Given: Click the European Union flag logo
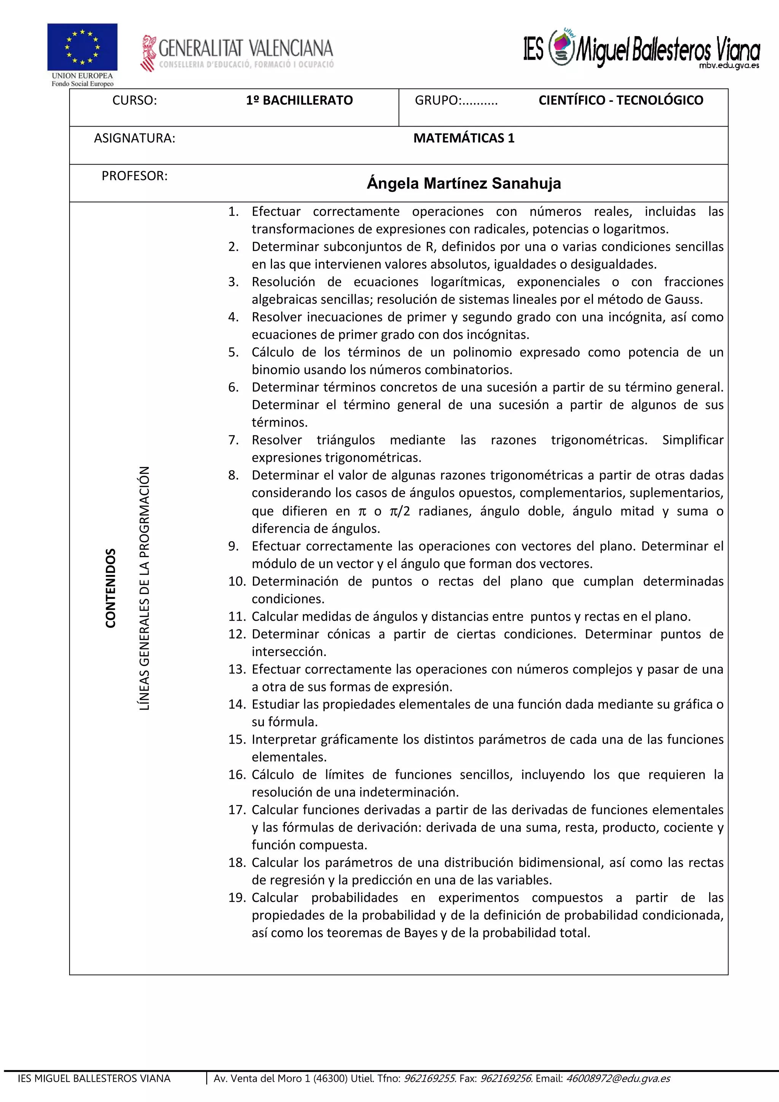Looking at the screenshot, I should tap(82, 47).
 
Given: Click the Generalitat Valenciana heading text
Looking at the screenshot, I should tap(245, 48).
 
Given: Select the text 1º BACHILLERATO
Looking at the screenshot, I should tap(299, 100).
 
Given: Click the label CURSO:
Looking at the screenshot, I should tap(134, 100).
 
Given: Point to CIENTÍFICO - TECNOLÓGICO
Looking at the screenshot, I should tap(621, 100).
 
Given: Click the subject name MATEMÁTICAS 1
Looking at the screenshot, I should tap(464, 138).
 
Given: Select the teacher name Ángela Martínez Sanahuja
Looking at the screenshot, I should tap(464, 183).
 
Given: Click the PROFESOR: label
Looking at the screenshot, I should tap(134, 176).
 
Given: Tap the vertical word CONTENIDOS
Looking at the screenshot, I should tap(111, 588).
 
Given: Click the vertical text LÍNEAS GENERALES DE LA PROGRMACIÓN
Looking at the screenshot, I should tap(144, 588).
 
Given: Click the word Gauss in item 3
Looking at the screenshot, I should tap(682, 300).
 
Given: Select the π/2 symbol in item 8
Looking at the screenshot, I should tap(400, 511).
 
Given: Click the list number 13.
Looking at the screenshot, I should tap(237, 669).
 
